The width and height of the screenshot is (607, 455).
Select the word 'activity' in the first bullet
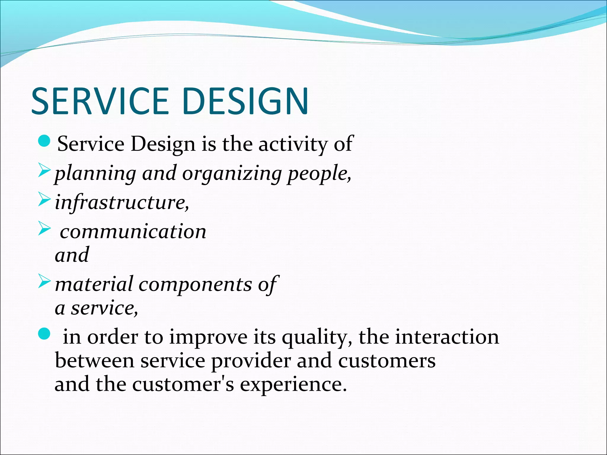point(293,145)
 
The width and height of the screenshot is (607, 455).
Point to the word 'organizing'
point(231,174)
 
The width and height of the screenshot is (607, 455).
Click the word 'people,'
point(320,174)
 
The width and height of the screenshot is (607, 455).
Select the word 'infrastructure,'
point(122,203)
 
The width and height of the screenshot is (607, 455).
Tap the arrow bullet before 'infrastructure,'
point(44,199)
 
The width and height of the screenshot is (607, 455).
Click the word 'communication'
point(133,232)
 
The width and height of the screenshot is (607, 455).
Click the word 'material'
point(94,284)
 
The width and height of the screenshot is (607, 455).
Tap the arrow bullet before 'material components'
point(44,281)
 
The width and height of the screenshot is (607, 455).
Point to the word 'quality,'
point(317,338)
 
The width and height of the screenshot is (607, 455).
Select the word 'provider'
point(251,361)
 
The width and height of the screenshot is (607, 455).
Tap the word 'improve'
point(208,338)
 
